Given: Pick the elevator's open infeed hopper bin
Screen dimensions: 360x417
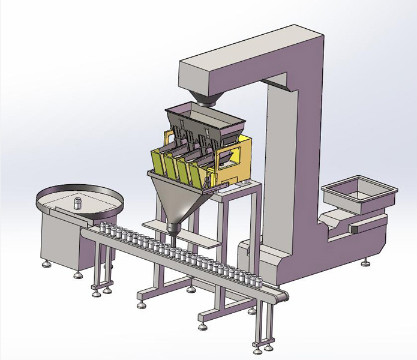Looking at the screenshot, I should tap(359, 193).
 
